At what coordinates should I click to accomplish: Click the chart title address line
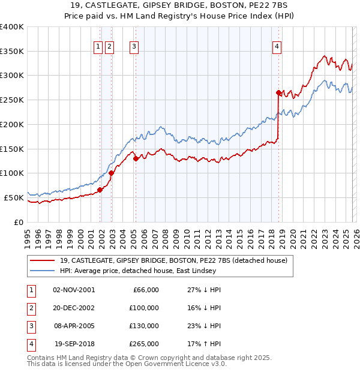(180, 5)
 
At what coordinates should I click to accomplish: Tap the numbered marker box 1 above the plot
(97, 47)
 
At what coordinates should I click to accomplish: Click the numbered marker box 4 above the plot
(277, 47)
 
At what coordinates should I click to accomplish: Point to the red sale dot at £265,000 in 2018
(278, 92)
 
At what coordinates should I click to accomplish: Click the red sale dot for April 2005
(136, 158)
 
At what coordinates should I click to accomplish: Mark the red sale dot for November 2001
(100, 190)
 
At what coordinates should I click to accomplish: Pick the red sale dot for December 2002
(112, 173)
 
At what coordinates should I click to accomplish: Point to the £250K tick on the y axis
(12, 100)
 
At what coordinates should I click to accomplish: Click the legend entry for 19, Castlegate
(174, 260)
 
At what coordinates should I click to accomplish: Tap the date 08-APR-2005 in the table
(74, 326)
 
